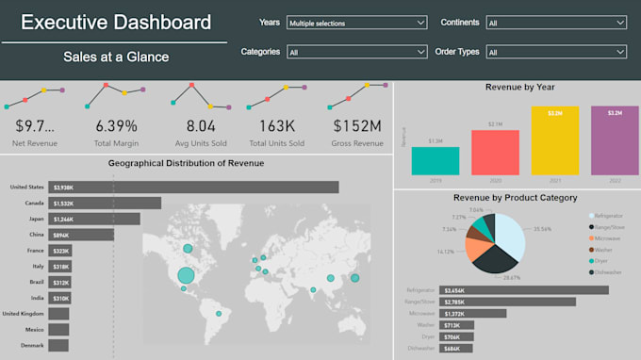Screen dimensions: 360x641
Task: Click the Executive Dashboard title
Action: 116,22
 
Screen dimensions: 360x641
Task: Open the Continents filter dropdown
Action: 555,22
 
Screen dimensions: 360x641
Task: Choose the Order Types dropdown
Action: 555,53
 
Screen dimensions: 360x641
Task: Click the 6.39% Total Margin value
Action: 116,125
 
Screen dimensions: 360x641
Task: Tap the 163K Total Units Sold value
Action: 276,125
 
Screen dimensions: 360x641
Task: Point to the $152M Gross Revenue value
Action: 357,125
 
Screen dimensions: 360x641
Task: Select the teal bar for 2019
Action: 435,160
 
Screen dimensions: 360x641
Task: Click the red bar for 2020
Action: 495,152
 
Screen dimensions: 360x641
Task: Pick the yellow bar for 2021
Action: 554,140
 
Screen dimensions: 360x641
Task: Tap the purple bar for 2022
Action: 614,140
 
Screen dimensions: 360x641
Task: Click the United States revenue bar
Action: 193,188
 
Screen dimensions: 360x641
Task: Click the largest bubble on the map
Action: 186,276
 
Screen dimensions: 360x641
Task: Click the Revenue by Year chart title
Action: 519,88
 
